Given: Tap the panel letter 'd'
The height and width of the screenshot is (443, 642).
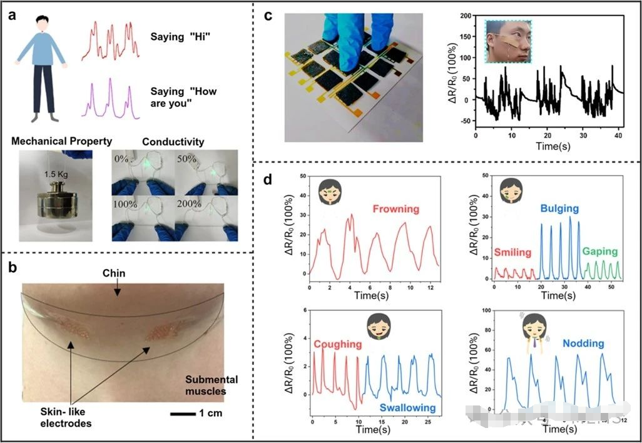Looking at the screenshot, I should [267, 180].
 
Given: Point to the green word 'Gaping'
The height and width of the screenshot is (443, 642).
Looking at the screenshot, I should [601, 252].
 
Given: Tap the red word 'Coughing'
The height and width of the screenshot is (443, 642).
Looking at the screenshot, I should [338, 344].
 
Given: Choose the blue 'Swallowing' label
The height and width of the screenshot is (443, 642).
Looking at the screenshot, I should [407, 408].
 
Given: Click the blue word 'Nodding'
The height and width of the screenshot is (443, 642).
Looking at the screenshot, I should [583, 344].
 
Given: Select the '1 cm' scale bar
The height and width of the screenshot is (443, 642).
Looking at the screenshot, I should [196, 414].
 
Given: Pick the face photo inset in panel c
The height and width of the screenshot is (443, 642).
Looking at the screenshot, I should [507, 41].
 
